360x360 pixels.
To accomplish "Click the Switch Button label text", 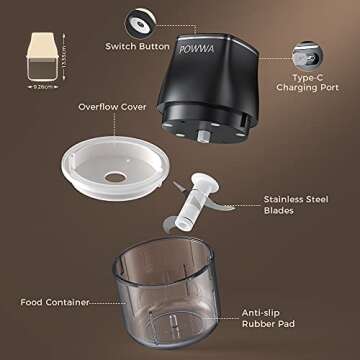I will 139,46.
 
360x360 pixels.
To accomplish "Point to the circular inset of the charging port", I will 304,50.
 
